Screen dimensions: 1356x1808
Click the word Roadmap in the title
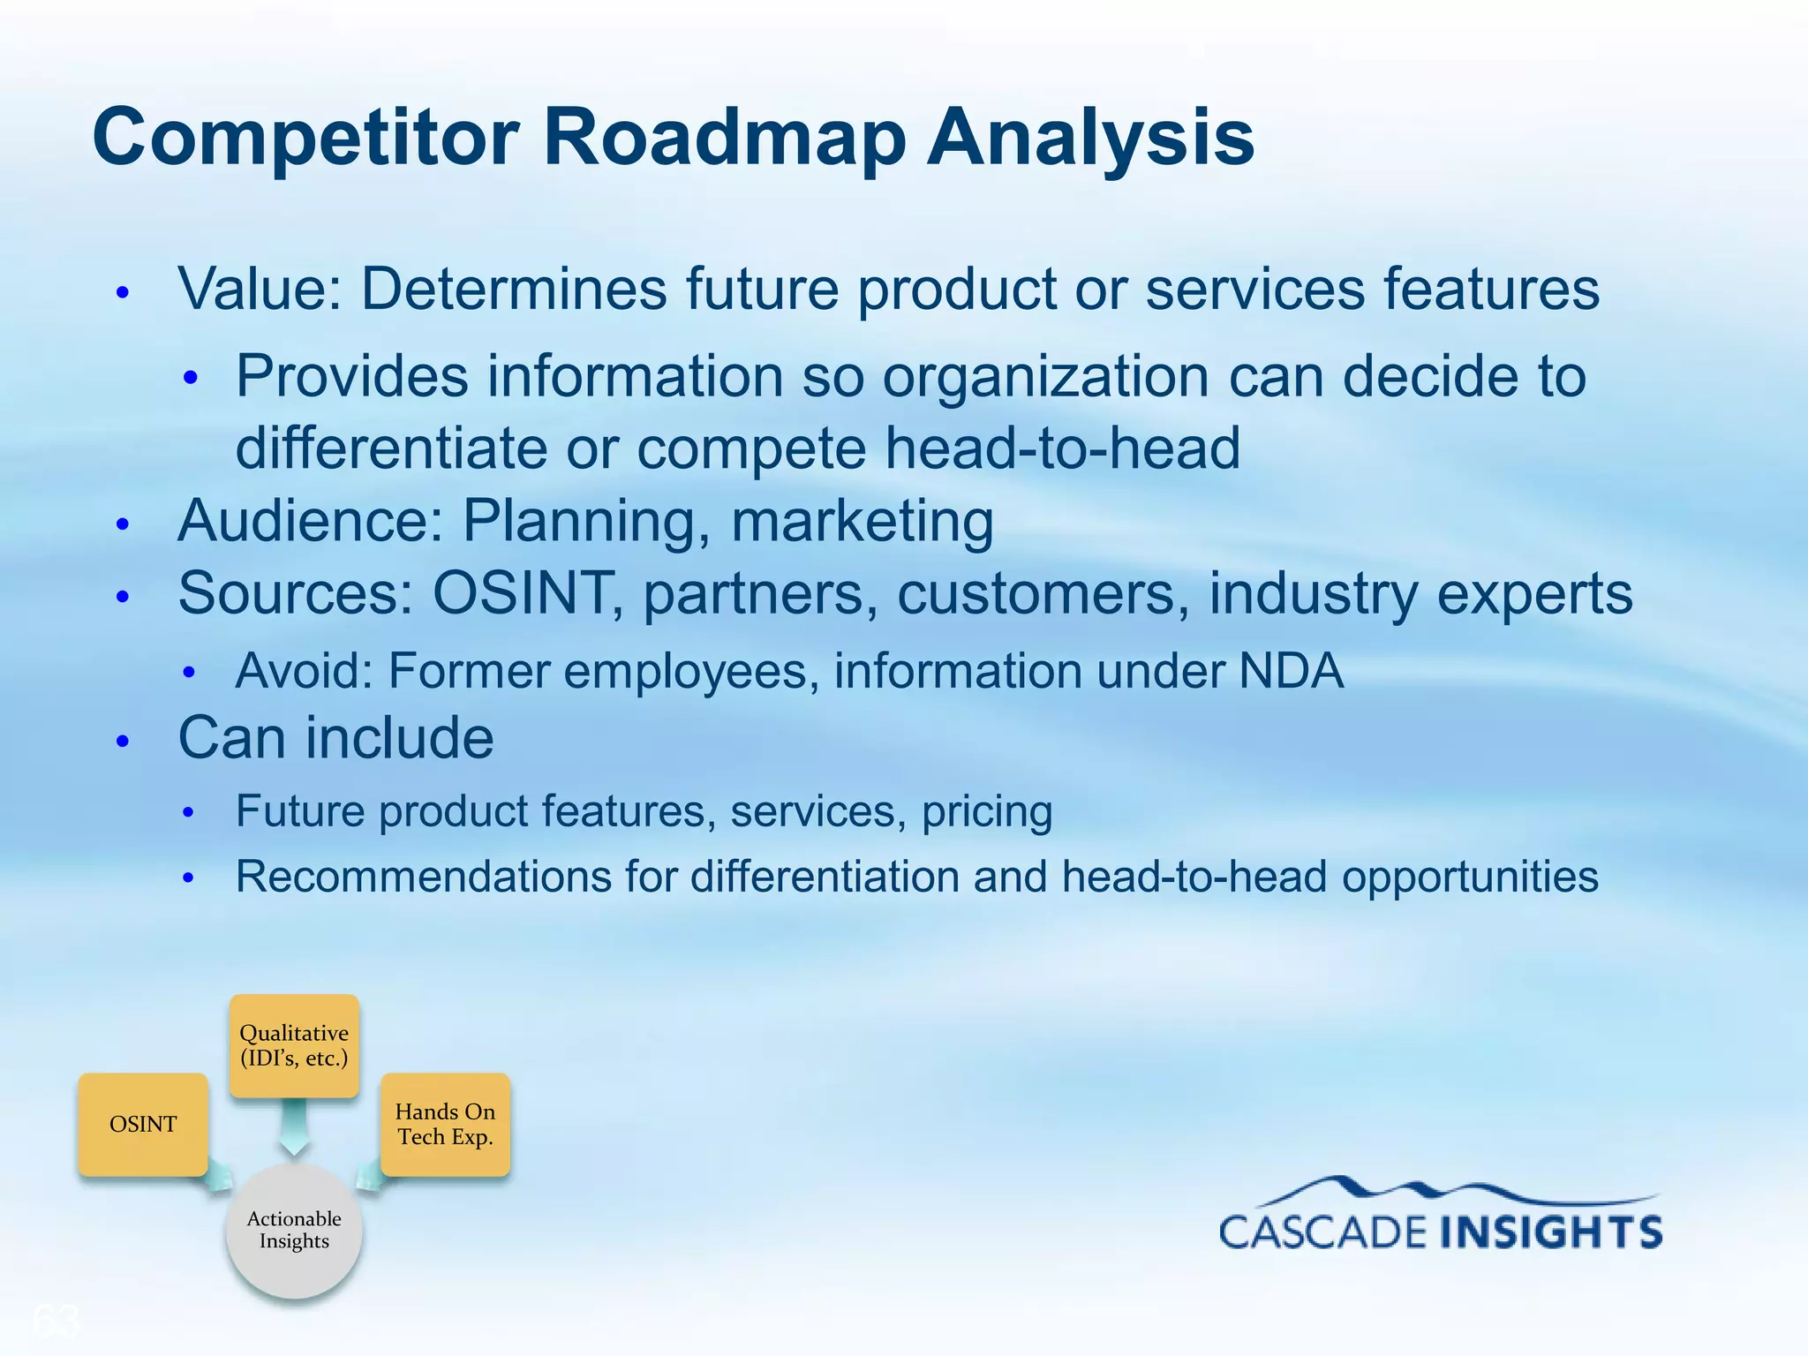pos(724,137)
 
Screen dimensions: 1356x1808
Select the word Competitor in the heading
pos(305,137)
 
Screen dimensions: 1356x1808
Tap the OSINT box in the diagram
pos(143,1124)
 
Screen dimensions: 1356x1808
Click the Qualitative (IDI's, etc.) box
pos(294,1045)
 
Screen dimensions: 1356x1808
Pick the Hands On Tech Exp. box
pos(445,1124)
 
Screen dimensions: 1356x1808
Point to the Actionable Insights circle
pos(294,1230)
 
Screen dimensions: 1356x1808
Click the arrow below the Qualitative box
pos(294,1128)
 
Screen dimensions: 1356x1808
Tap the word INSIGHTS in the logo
pos(1552,1232)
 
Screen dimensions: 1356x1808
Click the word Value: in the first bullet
pos(260,289)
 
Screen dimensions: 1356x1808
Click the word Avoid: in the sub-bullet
pos(304,671)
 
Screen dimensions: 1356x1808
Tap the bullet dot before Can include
pos(124,741)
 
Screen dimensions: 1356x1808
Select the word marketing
pos(862,521)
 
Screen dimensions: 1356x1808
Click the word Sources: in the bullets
pos(295,592)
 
